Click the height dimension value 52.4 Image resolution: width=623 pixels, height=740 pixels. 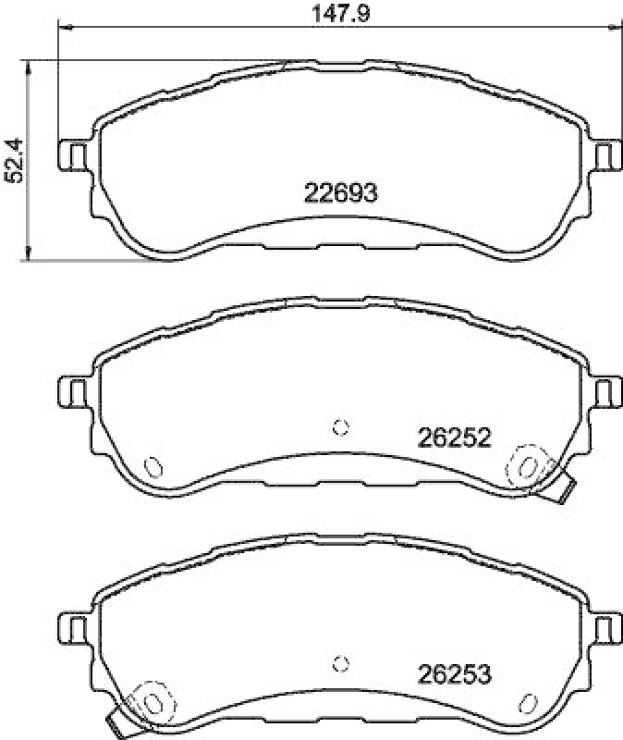[13, 162]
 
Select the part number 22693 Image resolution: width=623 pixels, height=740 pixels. [341, 192]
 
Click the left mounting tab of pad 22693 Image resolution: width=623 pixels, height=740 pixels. [74, 154]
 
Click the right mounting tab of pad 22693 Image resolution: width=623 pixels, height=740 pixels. [605, 154]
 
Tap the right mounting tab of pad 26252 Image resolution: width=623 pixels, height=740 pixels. [605, 391]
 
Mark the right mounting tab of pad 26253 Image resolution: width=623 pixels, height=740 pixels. [605, 629]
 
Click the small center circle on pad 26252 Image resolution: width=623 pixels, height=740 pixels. [340, 426]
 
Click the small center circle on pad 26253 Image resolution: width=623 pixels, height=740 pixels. [340, 663]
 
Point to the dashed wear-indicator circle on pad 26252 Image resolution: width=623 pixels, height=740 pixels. [530, 465]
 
